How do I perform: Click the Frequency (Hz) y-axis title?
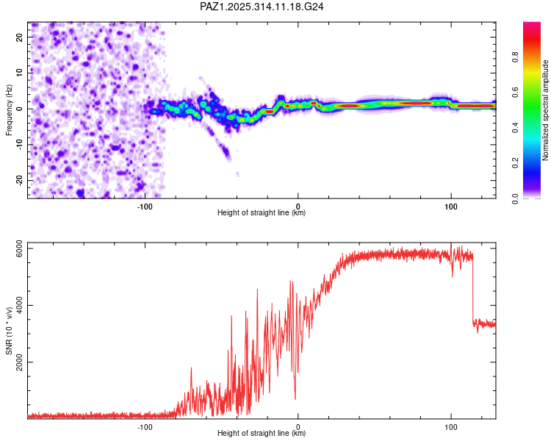[x=10, y=110]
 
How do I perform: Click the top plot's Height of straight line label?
[x=262, y=213]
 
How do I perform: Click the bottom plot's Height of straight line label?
[x=262, y=434]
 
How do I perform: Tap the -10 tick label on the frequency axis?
[x=18, y=144]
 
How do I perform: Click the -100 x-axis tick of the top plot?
[x=145, y=207]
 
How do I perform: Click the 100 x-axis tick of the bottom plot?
[x=450, y=427]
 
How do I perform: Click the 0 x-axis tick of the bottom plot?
[x=298, y=427]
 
